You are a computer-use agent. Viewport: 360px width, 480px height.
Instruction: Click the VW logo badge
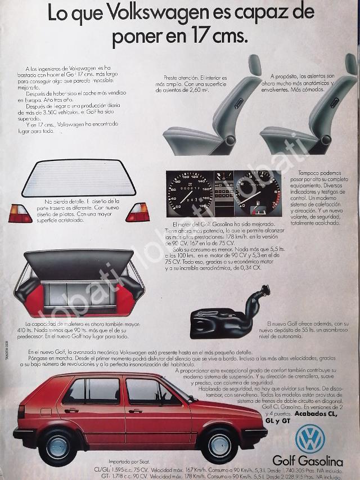tap(310, 437)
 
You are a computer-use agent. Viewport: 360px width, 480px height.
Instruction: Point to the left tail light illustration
tap(20, 213)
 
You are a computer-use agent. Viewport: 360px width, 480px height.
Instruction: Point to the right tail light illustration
tap(138, 212)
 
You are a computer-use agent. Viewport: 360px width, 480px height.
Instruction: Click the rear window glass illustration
tap(79, 178)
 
